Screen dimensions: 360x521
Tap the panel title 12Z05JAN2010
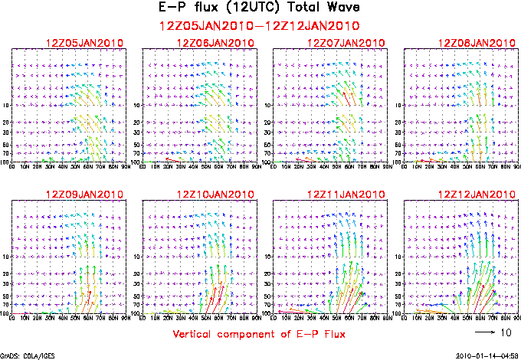[x=79, y=42]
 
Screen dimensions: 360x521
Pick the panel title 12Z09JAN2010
[x=79, y=194]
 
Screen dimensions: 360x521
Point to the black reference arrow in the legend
[x=483, y=333]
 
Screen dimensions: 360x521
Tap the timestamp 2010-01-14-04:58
[x=486, y=355]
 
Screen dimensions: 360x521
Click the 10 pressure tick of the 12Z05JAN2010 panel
[x=6, y=106]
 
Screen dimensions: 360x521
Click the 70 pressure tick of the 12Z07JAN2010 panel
[x=268, y=153]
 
